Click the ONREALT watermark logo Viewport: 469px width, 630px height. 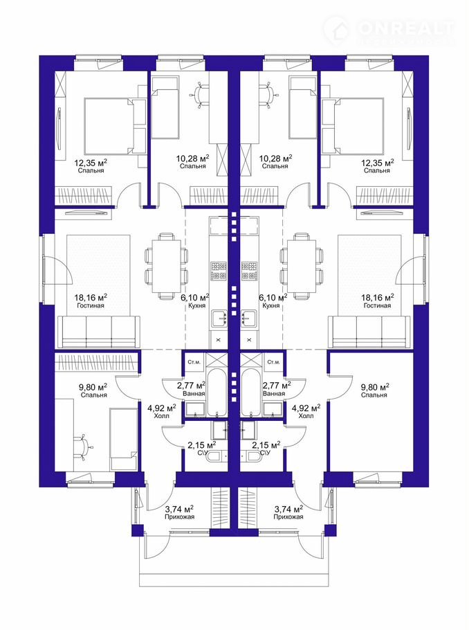[x=389, y=30]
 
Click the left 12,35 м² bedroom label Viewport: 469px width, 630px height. [x=91, y=166]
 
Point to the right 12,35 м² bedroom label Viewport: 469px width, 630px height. [x=378, y=166]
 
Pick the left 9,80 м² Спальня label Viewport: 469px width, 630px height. [x=93, y=390]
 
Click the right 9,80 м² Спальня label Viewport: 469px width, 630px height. [x=374, y=390]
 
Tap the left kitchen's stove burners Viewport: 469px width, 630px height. [x=219, y=271]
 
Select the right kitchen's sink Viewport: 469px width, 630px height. [x=249, y=317]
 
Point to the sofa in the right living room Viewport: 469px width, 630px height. [x=370, y=332]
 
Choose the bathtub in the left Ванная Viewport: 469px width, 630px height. [x=218, y=392]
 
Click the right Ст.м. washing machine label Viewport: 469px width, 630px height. [x=273, y=362]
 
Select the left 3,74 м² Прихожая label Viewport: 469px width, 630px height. [x=179, y=512]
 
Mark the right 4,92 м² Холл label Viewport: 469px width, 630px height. [x=306, y=411]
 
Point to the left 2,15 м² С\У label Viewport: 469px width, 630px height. [x=201, y=449]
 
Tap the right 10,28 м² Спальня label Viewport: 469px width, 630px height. [x=275, y=161]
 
